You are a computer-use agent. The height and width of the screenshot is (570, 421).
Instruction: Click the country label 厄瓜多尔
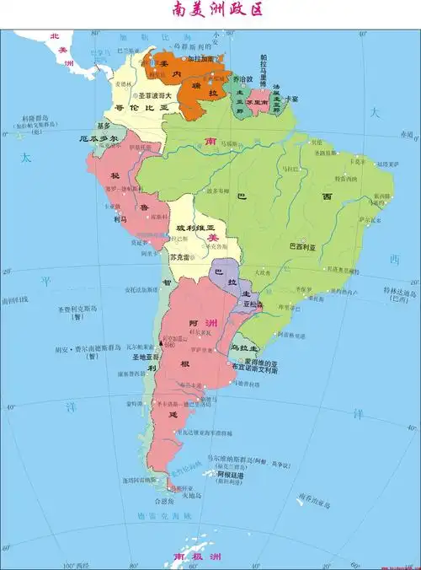click(94, 137)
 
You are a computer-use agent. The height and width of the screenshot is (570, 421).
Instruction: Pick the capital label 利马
click(120, 218)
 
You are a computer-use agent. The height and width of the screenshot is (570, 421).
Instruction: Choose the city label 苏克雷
click(179, 256)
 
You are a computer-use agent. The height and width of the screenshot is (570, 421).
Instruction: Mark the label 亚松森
click(252, 303)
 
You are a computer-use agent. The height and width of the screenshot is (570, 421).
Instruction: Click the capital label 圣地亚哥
click(140, 358)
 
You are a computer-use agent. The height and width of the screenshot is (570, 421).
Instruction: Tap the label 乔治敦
click(243, 78)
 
